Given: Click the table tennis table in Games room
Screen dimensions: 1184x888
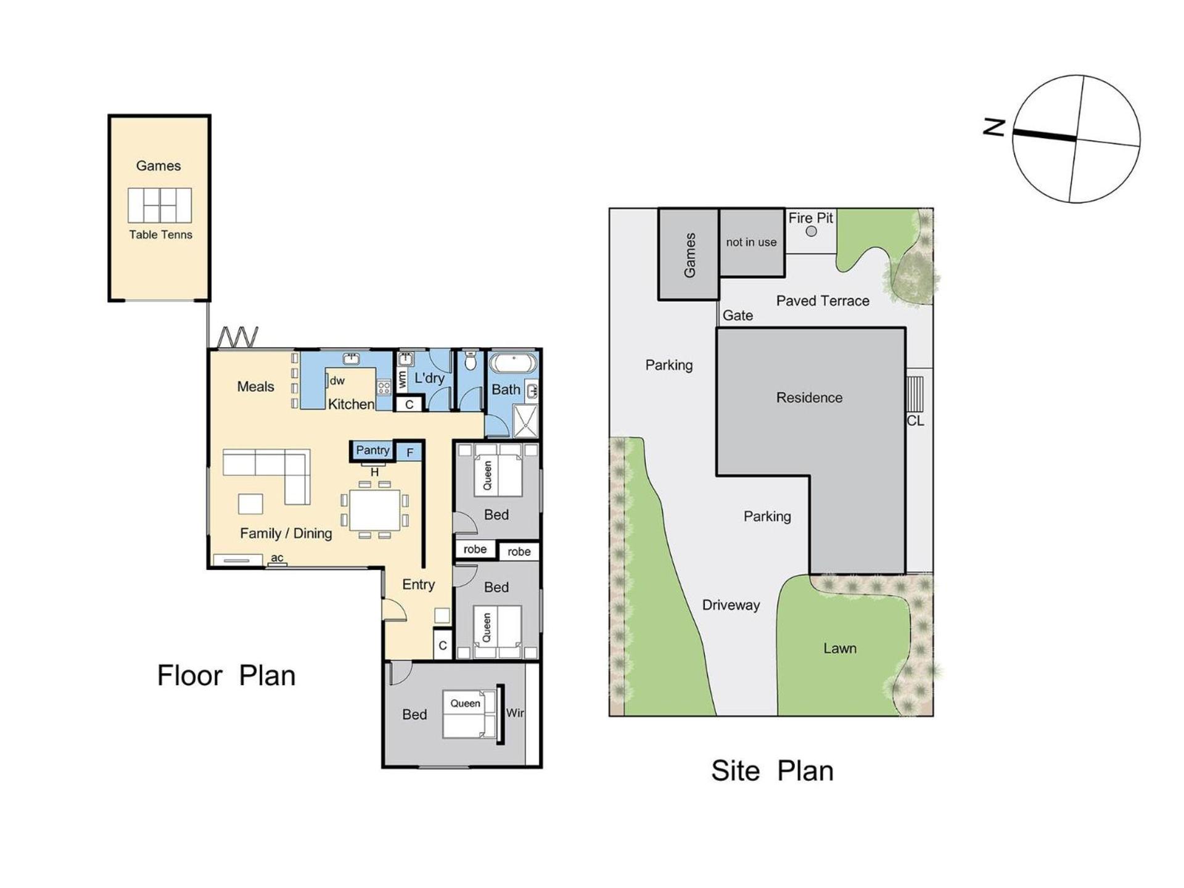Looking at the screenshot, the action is pos(160,205).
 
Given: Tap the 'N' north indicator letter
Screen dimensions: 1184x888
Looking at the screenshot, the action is pos(993,128).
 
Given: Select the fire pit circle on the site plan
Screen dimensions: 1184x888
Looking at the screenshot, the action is pos(812,231).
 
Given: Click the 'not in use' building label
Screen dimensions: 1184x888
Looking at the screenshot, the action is pos(751,242).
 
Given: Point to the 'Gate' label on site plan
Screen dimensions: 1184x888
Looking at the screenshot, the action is pos(738,316).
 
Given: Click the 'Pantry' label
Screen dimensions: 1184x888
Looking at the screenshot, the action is pos(372,451).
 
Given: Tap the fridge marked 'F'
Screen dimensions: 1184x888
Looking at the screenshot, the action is pos(409,453).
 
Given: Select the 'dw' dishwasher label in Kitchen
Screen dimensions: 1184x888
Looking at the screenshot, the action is pos(337,381).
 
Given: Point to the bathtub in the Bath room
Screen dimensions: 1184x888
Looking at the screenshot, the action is pos(514,363).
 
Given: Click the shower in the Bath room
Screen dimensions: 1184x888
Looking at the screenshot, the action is pos(525,421).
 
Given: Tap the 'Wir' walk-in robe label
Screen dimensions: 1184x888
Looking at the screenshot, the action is pos(515,713).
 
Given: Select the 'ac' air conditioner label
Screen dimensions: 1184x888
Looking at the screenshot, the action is pos(277,558).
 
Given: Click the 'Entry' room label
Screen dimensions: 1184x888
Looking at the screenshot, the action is pos(418,585).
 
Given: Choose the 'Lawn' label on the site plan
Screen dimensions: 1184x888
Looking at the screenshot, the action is pos(840,648).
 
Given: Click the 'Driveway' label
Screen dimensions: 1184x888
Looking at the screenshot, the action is pos(731,606).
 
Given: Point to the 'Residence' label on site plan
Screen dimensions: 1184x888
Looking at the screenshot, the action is pos(809,398).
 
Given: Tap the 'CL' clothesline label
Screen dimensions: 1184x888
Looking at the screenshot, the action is pos(915,421).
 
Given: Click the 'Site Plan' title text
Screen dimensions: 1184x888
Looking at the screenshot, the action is pos(772,771).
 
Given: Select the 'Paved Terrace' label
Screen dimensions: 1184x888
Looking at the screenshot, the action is pos(823,301).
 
